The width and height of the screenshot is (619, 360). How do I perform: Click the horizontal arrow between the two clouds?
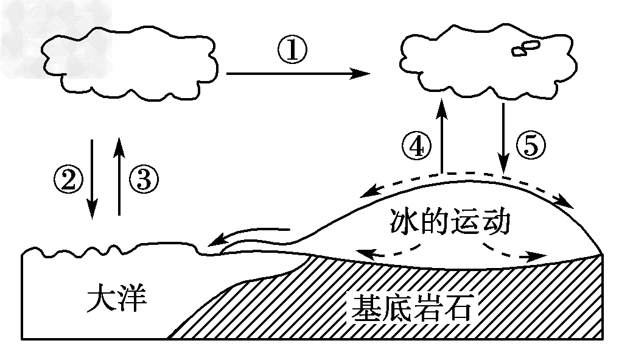click(x=298, y=74)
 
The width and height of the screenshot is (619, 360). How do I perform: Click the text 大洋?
click(x=116, y=300)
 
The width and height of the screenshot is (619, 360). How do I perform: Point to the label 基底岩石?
click(x=410, y=309)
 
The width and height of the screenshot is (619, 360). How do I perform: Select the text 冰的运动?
click(x=447, y=224)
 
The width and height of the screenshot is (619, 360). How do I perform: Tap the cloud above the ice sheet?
click(x=481, y=61)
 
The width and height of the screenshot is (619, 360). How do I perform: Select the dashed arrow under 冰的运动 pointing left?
click(x=390, y=250)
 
